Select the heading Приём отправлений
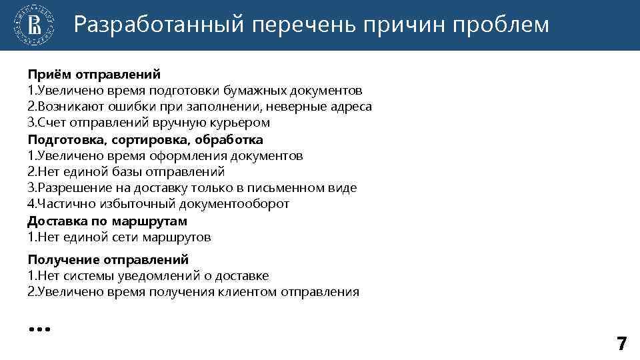(x=94, y=74)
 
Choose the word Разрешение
(x=69, y=188)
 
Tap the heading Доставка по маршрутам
(x=107, y=221)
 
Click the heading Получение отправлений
(x=108, y=259)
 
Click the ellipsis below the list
(x=39, y=329)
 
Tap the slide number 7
(x=621, y=344)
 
